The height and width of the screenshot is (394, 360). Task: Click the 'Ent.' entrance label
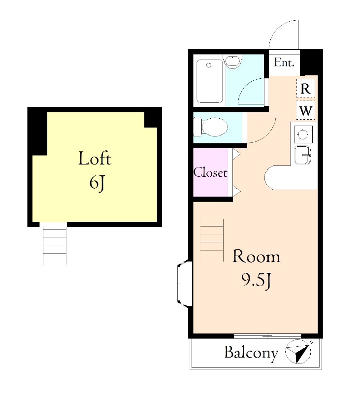[284, 63]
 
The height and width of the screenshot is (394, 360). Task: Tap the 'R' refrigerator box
[305, 88]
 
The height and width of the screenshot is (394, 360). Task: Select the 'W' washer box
[305, 110]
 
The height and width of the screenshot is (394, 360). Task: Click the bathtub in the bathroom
[209, 81]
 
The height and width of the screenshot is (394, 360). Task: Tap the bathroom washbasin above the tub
[232, 61]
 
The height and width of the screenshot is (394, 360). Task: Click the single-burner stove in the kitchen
[303, 134]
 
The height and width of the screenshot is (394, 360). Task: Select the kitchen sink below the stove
[303, 155]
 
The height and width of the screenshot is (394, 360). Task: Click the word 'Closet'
[210, 173]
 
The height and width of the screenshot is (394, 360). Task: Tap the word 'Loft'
[95, 158]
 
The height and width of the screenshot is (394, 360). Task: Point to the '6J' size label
[97, 183]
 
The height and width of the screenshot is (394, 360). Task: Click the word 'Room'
[256, 256]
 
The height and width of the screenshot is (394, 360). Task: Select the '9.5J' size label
[256, 280]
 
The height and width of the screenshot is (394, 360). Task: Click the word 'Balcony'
[251, 353]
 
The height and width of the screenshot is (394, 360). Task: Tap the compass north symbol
[298, 352]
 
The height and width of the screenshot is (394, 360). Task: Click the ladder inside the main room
[212, 240]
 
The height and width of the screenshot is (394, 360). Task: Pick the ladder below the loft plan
[55, 243]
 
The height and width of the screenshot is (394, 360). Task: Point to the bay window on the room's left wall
[185, 283]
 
